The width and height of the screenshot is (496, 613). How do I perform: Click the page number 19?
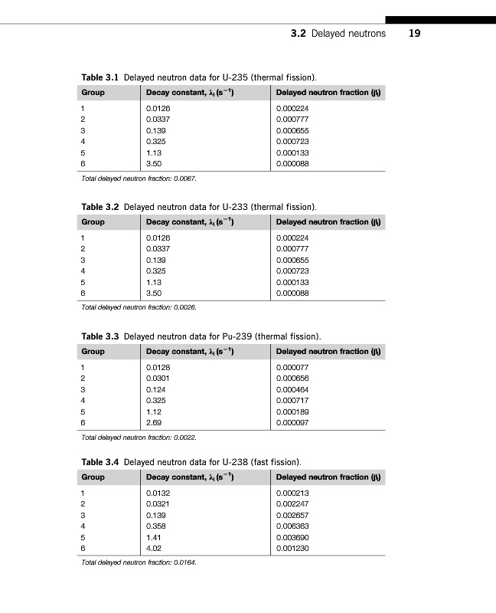(415, 34)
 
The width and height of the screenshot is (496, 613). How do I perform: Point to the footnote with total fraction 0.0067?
(139, 178)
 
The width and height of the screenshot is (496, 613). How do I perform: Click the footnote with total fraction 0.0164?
(139, 562)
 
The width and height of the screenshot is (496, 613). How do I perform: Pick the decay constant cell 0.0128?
(158, 368)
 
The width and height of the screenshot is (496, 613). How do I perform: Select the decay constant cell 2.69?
(154, 422)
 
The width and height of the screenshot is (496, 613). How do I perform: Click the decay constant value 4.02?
(154, 548)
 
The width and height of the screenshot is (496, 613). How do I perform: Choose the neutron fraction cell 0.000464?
(292, 389)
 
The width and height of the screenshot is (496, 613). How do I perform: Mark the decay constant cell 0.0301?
(158, 379)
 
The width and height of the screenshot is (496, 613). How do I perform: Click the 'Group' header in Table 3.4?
(93, 477)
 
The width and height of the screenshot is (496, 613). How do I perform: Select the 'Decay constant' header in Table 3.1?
(189, 93)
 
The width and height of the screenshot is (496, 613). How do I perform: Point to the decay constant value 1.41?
(153, 537)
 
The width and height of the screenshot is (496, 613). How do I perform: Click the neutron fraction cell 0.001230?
(292, 548)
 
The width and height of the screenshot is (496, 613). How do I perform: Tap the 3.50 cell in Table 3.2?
(154, 293)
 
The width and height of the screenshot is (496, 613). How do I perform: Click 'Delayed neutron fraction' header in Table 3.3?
(328, 351)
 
